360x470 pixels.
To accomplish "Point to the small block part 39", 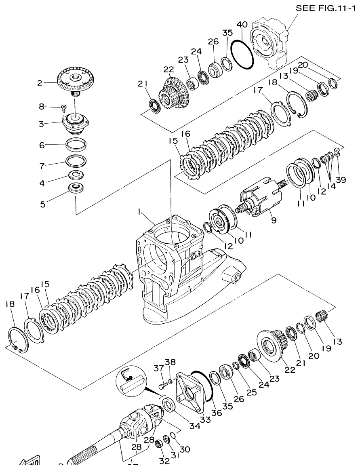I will pyautogui.click(x=339, y=153).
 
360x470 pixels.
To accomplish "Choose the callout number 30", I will pyautogui.click(x=185, y=449).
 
